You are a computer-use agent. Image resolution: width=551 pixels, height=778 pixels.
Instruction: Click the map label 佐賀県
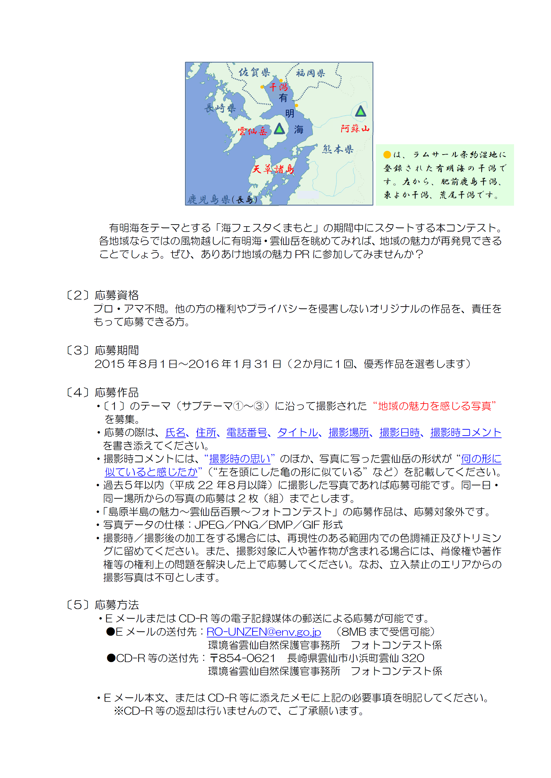pyautogui.click(x=254, y=72)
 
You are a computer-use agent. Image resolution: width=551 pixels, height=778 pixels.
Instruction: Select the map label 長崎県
pyautogui.click(x=220, y=108)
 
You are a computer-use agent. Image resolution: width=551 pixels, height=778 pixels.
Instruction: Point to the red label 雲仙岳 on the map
pyautogui.click(x=252, y=131)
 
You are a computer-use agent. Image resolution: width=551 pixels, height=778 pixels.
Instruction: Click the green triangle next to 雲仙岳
pyautogui.click(x=279, y=129)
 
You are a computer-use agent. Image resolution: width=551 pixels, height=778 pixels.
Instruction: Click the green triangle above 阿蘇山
pyautogui.click(x=360, y=111)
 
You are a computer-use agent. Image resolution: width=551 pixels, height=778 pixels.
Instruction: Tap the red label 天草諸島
pyautogui.click(x=273, y=169)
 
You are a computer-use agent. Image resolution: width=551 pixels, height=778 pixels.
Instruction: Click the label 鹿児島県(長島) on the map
pyautogui.click(x=222, y=199)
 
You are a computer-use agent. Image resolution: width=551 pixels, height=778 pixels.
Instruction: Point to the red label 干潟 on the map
pyautogui.click(x=279, y=87)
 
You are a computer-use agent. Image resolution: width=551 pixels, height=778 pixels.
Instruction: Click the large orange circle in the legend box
pyautogui.click(x=387, y=155)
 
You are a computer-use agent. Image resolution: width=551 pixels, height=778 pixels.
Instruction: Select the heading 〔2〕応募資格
pyautogui.click(x=102, y=295)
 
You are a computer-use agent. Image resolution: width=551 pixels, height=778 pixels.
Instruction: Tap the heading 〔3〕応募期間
pyautogui.click(x=102, y=350)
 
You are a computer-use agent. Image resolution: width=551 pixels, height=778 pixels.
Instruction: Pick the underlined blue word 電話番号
pyautogui.click(x=246, y=432)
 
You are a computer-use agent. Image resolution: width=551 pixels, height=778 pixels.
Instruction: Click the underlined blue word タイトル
pyautogui.click(x=298, y=432)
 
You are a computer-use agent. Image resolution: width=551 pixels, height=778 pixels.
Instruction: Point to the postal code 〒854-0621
pyautogui.click(x=242, y=658)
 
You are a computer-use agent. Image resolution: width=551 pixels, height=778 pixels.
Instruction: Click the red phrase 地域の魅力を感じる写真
pyautogui.click(x=435, y=406)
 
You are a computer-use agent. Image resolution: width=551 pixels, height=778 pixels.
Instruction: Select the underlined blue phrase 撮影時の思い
pyautogui.click(x=239, y=459)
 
